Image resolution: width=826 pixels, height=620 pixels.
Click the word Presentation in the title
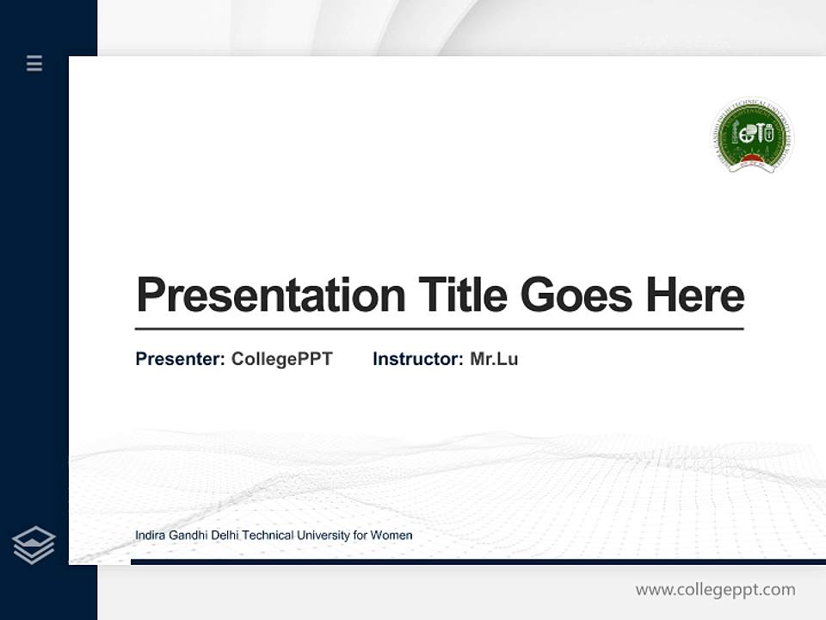tap(271, 295)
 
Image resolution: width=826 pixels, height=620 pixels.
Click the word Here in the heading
tap(694, 295)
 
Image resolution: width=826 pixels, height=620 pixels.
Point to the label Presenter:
tap(180, 359)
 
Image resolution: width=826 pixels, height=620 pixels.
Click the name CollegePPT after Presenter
tap(281, 359)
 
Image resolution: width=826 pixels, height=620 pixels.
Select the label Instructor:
tap(417, 359)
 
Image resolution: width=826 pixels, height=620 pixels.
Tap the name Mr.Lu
tap(494, 359)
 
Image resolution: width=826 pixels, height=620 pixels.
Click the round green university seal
tap(752, 135)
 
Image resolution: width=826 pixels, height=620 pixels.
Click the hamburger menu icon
tap(34, 63)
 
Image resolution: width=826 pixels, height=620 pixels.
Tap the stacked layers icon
tap(34, 545)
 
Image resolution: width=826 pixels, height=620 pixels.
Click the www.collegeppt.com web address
tap(715, 590)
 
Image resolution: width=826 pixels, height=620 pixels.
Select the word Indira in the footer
tap(150, 536)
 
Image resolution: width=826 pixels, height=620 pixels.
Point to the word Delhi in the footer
tap(225, 536)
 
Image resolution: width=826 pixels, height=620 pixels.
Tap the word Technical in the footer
tap(268, 536)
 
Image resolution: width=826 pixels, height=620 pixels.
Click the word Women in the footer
tap(391, 536)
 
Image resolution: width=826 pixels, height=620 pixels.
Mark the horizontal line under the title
tap(439, 328)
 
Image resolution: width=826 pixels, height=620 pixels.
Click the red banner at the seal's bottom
tap(752, 160)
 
